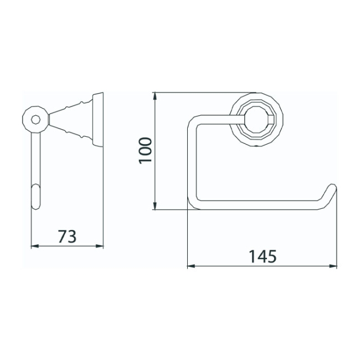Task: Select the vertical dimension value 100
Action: tap(145, 150)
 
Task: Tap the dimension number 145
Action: tap(261, 256)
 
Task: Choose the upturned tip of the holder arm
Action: tap(332, 188)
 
